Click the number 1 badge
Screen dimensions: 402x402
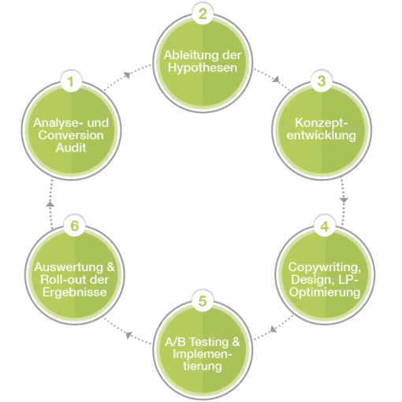(x=71, y=81)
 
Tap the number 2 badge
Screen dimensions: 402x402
(x=203, y=13)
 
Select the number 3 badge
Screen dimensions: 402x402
(x=322, y=80)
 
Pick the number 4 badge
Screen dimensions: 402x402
(x=325, y=226)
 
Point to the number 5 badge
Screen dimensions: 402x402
(x=203, y=300)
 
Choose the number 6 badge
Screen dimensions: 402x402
(x=74, y=225)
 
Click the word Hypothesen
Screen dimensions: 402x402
(x=203, y=68)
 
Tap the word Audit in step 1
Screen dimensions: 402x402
(x=71, y=147)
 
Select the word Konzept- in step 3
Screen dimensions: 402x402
(x=322, y=124)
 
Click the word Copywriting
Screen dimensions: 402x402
(x=325, y=267)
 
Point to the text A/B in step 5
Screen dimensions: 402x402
(x=176, y=342)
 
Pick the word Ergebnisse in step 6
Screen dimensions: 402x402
(x=75, y=292)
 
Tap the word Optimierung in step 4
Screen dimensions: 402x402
(x=325, y=292)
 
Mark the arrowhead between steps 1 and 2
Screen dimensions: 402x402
(x=127, y=75)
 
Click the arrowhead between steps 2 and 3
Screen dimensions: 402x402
(x=276, y=79)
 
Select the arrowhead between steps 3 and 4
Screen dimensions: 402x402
(x=344, y=200)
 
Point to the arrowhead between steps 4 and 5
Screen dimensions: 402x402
(x=274, y=329)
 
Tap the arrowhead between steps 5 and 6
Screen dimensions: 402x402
(x=128, y=335)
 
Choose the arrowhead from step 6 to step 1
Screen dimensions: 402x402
(x=50, y=203)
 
